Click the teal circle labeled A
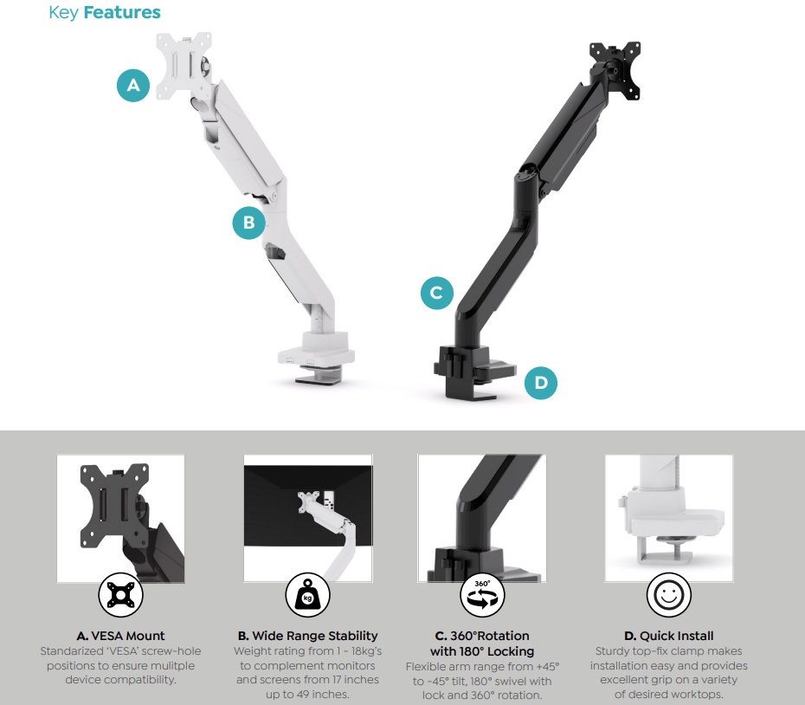tap(133, 85)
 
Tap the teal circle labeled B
tap(249, 222)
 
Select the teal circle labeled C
tap(437, 293)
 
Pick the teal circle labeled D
tap(541, 383)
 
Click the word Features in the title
tap(122, 13)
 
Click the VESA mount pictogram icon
tap(120, 594)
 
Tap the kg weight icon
tap(307, 594)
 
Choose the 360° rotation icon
tap(482, 594)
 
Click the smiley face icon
tap(669, 594)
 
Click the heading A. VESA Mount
tap(120, 636)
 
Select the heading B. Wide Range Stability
tap(307, 636)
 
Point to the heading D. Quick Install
tap(669, 636)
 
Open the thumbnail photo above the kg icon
tap(307, 518)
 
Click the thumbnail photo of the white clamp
tap(669, 518)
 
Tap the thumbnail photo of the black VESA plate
tap(120, 518)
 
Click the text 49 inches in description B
tap(330, 695)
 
